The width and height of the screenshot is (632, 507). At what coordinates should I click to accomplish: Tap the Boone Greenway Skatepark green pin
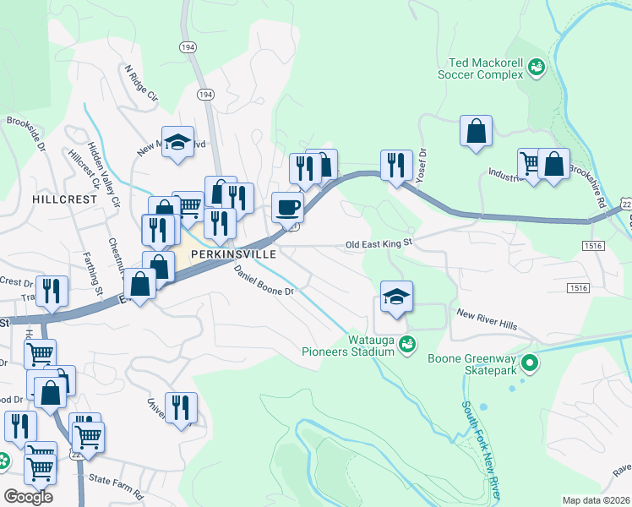coord(530,364)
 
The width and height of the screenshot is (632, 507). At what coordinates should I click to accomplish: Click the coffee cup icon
coord(288,205)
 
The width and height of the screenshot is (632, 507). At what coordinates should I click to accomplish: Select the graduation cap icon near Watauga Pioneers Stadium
coord(396,297)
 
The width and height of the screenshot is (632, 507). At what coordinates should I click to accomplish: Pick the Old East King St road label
coord(379,244)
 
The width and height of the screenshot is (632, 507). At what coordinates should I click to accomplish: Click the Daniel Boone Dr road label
coord(263,280)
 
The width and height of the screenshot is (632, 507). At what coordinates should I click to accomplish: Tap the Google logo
coord(28,496)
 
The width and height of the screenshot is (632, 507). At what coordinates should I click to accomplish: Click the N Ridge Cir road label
coord(141,83)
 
